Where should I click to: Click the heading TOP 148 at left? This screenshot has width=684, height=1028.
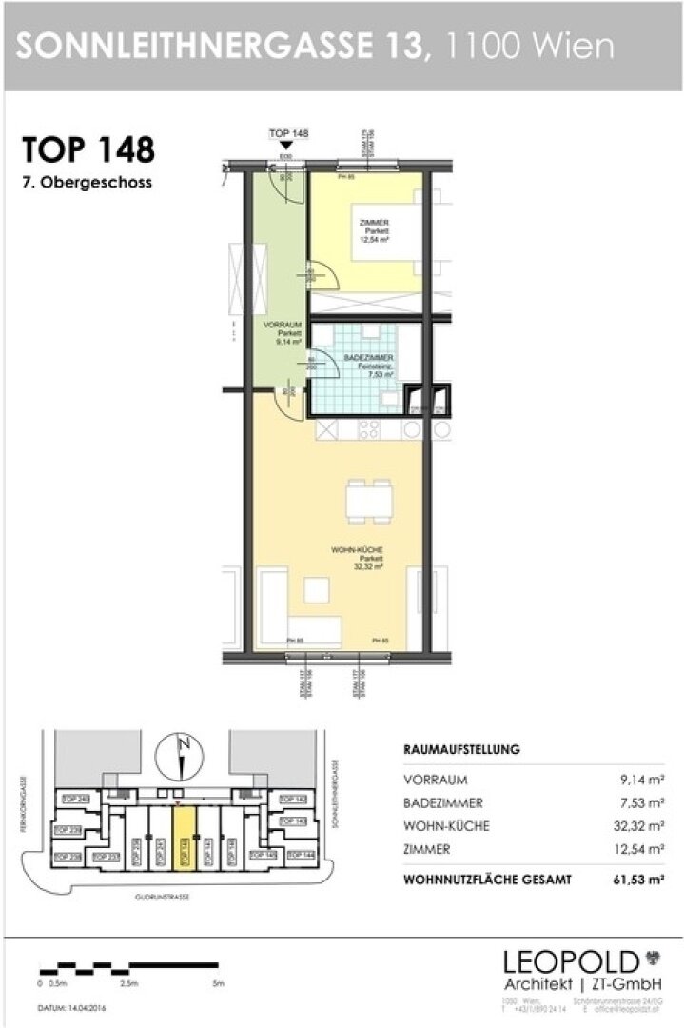click(88, 150)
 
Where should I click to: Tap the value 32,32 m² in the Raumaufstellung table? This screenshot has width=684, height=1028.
click(641, 826)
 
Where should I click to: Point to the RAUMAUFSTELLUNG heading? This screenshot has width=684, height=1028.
click(461, 749)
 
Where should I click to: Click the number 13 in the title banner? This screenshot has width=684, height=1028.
click(397, 45)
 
